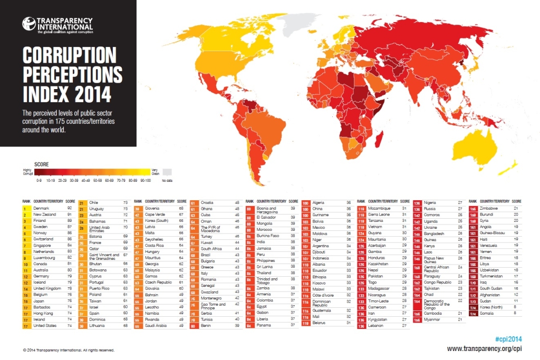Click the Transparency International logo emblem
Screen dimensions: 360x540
[29, 24]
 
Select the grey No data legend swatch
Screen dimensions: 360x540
[167, 172]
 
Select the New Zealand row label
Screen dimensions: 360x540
[45, 215]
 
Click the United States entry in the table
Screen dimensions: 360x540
[45, 326]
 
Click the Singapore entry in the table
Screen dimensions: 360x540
[43, 245]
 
